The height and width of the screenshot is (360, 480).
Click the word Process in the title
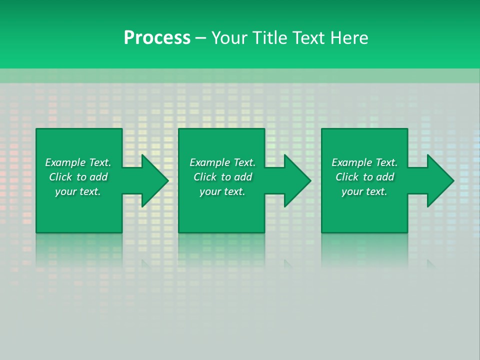point(157,38)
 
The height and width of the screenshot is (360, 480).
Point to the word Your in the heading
point(229,38)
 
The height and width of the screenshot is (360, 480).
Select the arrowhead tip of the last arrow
point(453,180)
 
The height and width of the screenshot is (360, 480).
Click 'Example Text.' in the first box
point(78,162)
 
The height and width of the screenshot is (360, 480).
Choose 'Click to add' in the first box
point(78,177)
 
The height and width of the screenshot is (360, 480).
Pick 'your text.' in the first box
point(78,191)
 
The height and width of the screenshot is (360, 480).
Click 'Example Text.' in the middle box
point(222,162)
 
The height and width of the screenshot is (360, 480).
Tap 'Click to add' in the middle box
point(222,177)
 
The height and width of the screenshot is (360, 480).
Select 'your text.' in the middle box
point(222,191)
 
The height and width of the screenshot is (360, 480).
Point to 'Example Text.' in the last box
point(364,162)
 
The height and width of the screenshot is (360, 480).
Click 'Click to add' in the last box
point(364,177)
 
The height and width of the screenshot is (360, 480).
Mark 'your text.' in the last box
point(364,191)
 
